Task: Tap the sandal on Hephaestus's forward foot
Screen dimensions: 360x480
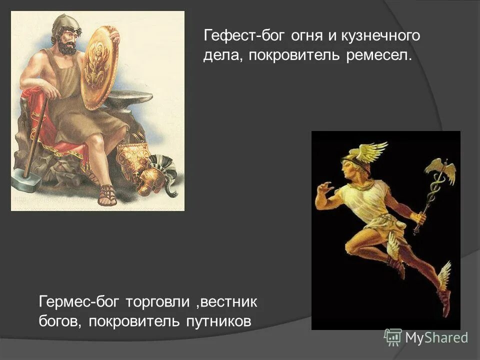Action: pyautogui.click(x=107, y=195)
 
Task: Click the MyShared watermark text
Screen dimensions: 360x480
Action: pyautogui.click(x=436, y=338)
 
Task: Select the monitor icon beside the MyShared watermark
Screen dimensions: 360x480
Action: pyautogui.click(x=393, y=337)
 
